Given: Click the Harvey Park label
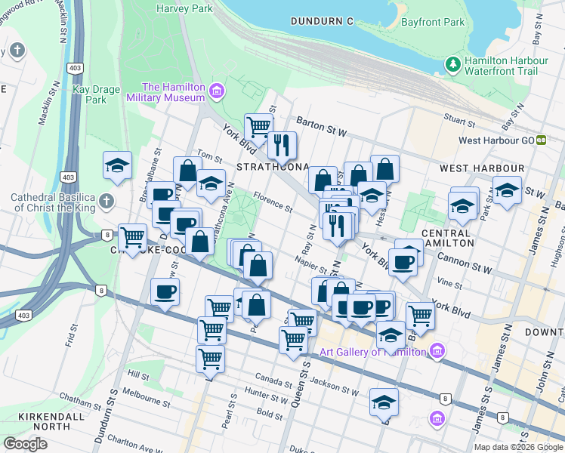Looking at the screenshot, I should pyautogui.click(x=186, y=9).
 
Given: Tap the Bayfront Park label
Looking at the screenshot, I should pyautogui.click(x=432, y=22).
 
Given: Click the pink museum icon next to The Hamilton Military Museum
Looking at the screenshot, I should pyautogui.click(x=218, y=92).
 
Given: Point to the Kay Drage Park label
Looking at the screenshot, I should pyautogui.click(x=96, y=94).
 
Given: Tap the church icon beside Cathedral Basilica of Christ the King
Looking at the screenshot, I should pyautogui.click(x=107, y=202).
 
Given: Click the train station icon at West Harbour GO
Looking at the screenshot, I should pyautogui.click(x=541, y=140).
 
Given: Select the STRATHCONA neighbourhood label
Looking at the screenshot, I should pyautogui.click(x=273, y=166).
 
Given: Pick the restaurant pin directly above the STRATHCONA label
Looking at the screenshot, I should pyautogui.click(x=282, y=144).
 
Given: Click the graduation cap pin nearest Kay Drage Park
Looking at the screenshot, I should pyautogui.click(x=117, y=166).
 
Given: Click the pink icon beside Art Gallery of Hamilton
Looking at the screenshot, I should pyautogui.click(x=437, y=351).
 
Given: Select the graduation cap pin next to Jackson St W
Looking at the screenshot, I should pyautogui.click(x=384, y=402).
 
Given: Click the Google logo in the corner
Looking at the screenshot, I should pyautogui.click(x=25, y=444).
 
